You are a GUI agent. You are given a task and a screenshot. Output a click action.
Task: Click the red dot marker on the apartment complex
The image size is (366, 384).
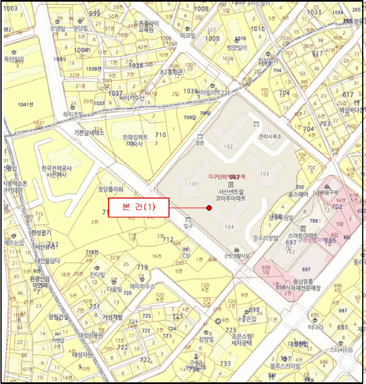(x=209, y=208)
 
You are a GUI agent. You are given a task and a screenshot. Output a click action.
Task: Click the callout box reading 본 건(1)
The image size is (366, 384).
(x=138, y=207)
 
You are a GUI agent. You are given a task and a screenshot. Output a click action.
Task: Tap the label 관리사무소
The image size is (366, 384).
(x=269, y=136)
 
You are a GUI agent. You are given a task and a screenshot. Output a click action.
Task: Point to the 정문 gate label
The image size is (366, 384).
(x=199, y=143)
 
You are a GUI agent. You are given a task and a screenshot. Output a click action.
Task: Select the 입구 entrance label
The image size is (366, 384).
(x=189, y=225)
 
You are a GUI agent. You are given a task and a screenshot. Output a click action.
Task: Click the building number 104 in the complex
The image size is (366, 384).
(x=229, y=227)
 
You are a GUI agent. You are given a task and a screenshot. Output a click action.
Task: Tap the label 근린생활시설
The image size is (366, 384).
(x=237, y=256)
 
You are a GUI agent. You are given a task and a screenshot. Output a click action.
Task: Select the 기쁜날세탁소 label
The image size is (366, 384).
(x=89, y=133)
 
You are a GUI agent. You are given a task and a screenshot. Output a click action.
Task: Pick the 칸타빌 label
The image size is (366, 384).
(x=98, y=274)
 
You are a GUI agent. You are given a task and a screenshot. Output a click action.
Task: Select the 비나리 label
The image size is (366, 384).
(x=315, y=327)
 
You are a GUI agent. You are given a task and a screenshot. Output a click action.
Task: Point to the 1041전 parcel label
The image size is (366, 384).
(x=25, y=104)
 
